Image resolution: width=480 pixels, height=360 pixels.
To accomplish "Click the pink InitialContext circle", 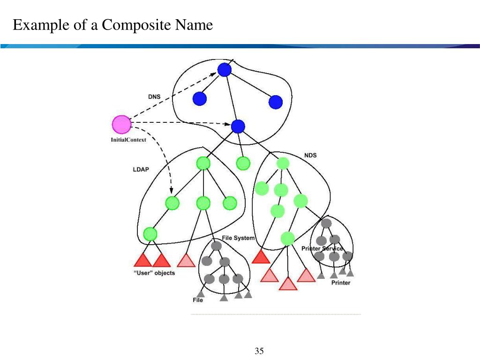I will (121, 124).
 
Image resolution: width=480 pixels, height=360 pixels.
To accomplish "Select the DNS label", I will (154, 97).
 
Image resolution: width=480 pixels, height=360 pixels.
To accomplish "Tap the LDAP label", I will (141, 170).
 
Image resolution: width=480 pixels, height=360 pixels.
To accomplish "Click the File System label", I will (238, 238).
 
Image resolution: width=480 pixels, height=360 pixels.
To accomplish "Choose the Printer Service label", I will (322, 248).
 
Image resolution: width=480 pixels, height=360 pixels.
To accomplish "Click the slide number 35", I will (259, 351).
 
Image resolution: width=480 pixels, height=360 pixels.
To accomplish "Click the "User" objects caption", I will (154, 273).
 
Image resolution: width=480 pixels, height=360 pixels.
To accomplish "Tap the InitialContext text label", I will (128, 140).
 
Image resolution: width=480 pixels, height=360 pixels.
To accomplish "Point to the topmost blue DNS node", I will (225, 70).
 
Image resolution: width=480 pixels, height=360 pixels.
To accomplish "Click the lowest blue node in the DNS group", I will (238, 126).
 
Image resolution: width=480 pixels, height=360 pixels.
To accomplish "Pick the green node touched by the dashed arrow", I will (172, 203).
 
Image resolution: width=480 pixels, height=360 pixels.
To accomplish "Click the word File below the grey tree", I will (198, 300).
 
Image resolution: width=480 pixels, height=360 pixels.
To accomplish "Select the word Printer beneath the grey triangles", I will (341, 283).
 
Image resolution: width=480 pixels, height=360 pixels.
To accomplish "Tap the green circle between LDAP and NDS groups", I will (243, 163).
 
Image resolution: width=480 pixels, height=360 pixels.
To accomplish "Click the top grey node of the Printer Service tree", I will (326, 223).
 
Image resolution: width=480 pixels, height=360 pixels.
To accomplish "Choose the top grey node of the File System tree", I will (216, 246).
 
